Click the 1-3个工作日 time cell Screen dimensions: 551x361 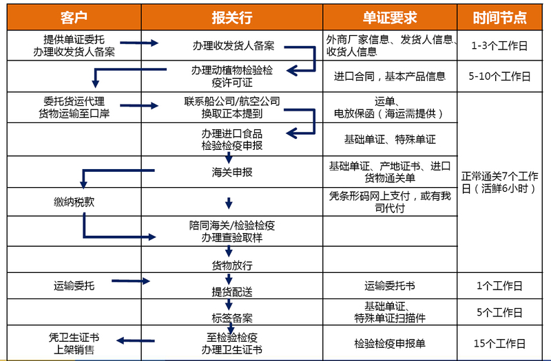tap(499, 45)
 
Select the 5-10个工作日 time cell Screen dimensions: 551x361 tap(499, 76)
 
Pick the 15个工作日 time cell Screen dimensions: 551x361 tap(499, 343)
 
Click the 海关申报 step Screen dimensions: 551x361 tap(232, 172)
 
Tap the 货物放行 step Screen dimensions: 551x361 tap(232, 265)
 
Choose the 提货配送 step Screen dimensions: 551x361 tap(232, 292)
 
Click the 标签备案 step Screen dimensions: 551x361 tap(232, 318)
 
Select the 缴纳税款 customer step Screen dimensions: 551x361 tap(74, 202)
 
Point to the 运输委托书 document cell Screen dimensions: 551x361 tap(390, 286)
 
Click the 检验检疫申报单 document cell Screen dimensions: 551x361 tap(390, 343)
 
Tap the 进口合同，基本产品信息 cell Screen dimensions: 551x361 tap(390, 76)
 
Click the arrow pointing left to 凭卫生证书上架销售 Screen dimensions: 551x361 tap(136, 340)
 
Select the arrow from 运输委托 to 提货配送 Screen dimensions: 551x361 tap(131, 281)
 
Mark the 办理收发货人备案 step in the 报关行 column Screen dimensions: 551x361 tap(233, 45)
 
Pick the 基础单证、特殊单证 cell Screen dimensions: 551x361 tap(390, 140)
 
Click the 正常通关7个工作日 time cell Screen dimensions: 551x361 tap(499, 182)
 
